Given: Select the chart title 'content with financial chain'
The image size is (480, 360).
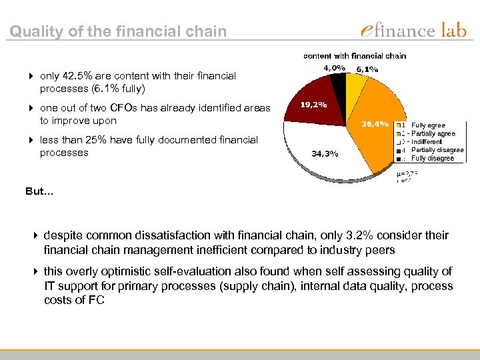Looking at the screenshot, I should (x=355, y=56).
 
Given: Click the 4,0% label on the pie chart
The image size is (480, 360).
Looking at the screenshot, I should (x=334, y=68).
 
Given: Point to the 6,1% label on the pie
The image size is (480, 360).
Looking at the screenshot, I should (x=367, y=69).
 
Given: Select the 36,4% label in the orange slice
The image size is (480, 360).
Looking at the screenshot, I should (x=375, y=123).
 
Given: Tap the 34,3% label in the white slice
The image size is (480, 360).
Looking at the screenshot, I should (x=325, y=153).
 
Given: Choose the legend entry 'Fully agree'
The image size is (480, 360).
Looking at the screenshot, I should (x=428, y=125).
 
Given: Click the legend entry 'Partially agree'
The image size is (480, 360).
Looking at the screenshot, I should (x=433, y=133).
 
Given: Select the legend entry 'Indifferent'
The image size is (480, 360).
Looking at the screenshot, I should (x=427, y=142).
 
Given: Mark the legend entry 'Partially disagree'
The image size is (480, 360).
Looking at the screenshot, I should (x=437, y=150).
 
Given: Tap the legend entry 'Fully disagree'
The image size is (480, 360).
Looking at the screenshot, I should (x=432, y=158).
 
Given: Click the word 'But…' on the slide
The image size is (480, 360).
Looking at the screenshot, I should (x=39, y=191).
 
